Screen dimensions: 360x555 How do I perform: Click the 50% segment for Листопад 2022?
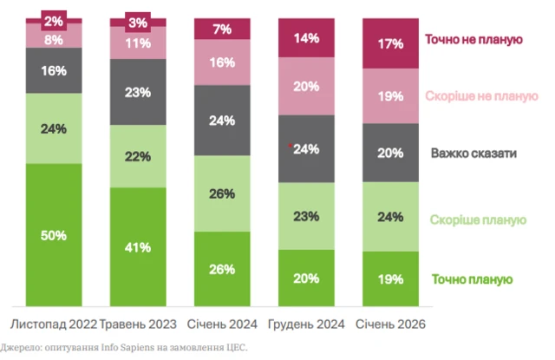point(54,234)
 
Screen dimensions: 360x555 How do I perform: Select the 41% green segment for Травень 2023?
point(137,246)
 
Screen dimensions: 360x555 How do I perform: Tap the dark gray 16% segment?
point(54,70)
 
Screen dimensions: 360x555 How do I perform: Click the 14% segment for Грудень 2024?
point(307,38)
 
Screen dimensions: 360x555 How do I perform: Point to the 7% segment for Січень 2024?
point(222,29)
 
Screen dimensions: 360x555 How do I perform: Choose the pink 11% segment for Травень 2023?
point(137,42)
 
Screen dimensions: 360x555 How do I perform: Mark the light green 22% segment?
point(137,156)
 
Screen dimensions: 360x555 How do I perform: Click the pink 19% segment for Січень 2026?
point(390,95)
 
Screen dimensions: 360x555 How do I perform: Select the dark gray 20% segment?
point(390,153)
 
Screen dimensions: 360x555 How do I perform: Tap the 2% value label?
point(54,20)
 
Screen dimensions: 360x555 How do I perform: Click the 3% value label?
point(137,22)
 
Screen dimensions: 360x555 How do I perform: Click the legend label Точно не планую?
point(473,39)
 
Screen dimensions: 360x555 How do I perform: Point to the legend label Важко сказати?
point(474,154)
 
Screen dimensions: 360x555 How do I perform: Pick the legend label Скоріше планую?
point(478,219)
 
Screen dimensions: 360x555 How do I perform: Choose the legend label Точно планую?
point(473,279)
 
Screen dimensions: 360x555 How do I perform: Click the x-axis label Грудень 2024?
point(307,324)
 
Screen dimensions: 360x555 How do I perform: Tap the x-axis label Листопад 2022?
point(52,324)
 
